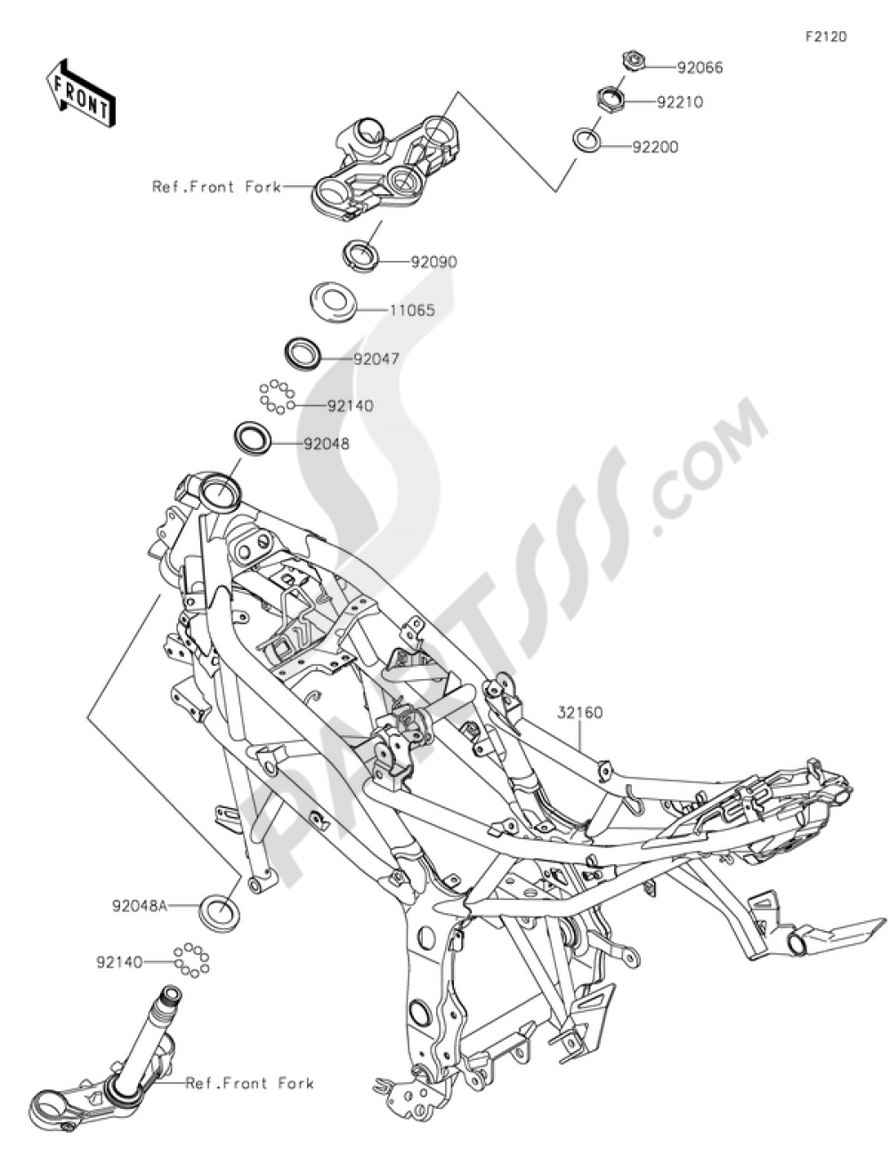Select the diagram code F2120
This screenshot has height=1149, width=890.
coord(826,37)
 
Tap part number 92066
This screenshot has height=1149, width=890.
coord(700,67)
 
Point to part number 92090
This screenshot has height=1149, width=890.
coord(433,263)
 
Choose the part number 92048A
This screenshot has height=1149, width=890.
coord(140,907)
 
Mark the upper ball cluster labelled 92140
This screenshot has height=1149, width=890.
coord(277,397)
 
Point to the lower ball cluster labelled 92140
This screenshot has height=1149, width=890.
coord(191,960)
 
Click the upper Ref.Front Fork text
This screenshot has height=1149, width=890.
coord(216,187)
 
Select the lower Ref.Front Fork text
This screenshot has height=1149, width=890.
coord(249,1083)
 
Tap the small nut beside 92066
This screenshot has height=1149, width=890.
coord(633,61)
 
